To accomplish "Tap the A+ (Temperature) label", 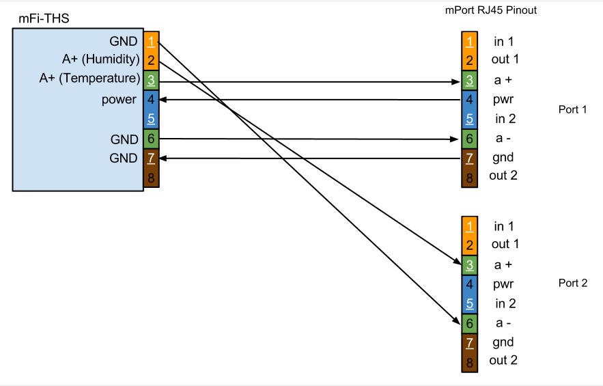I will point(89,79).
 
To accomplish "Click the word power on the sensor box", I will point(119,100).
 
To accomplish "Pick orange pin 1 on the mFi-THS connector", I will point(151,41).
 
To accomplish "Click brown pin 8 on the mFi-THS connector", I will point(151,178).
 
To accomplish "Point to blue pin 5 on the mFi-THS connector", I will point(151,119).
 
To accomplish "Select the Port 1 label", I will point(572,109).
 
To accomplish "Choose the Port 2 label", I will point(572,283).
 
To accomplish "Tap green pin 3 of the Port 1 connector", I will point(469,81).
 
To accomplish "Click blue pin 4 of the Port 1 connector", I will point(469,100).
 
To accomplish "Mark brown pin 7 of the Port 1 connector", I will point(469,158).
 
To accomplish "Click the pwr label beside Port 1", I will point(503,100).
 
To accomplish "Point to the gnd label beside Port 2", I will point(503,342).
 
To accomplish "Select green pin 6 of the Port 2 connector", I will point(469,322).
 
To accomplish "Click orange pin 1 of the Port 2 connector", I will point(469,226).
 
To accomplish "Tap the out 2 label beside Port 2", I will point(503,361).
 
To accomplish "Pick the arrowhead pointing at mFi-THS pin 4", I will point(164,100).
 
